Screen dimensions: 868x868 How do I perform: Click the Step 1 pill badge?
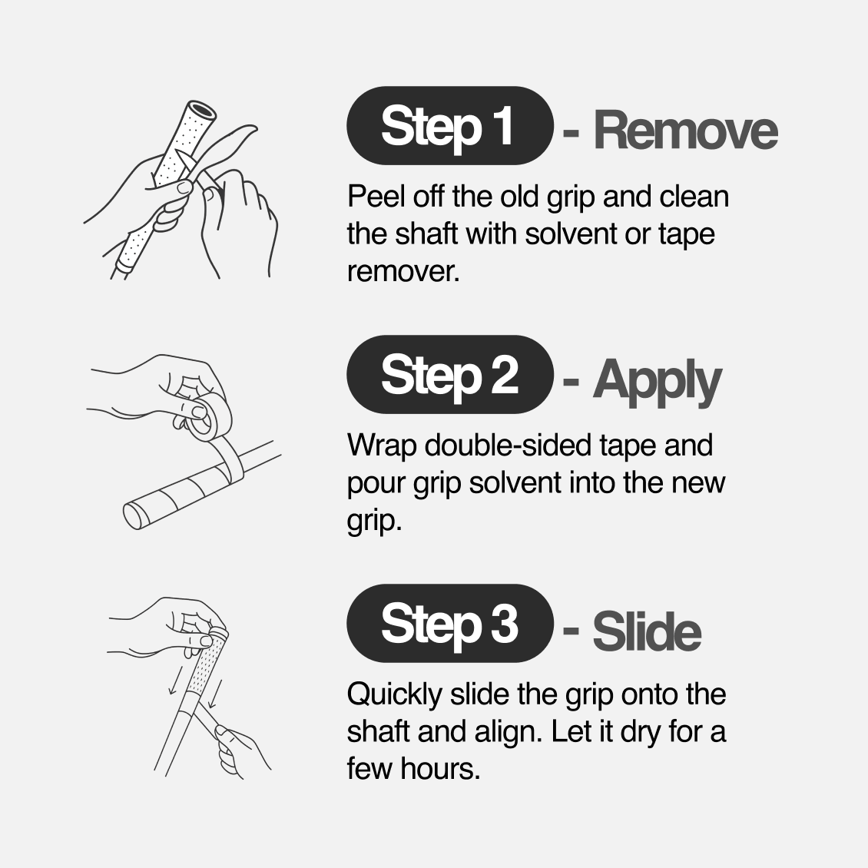click(x=450, y=126)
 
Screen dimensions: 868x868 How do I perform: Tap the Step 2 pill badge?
click(x=450, y=375)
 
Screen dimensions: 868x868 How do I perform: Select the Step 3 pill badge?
click(x=450, y=623)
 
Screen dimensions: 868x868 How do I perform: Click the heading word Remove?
click(x=685, y=131)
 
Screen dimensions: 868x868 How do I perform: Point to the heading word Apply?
click(x=657, y=381)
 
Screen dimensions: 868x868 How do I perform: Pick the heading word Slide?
click(x=647, y=631)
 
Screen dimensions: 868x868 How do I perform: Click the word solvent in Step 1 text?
click(x=571, y=234)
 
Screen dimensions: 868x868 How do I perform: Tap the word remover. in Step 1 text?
click(x=403, y=271)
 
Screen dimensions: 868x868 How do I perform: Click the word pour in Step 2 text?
click(x=376, y=484)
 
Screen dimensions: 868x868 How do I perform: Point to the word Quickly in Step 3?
click(x=394, y=695)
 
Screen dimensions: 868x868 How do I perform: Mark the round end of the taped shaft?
click(x=134, y=515)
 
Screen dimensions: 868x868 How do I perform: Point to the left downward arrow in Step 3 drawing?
click(x=175, y=678)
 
